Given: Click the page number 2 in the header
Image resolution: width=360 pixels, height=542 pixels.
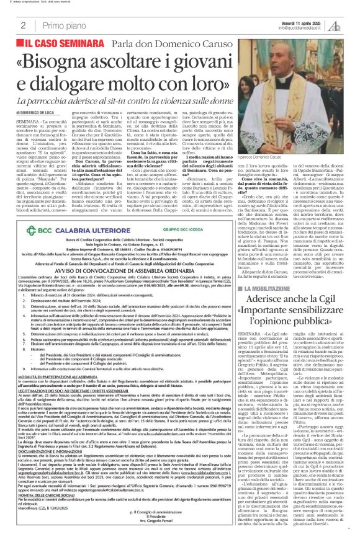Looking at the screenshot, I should pyautogui.click(x=23, y=25).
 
